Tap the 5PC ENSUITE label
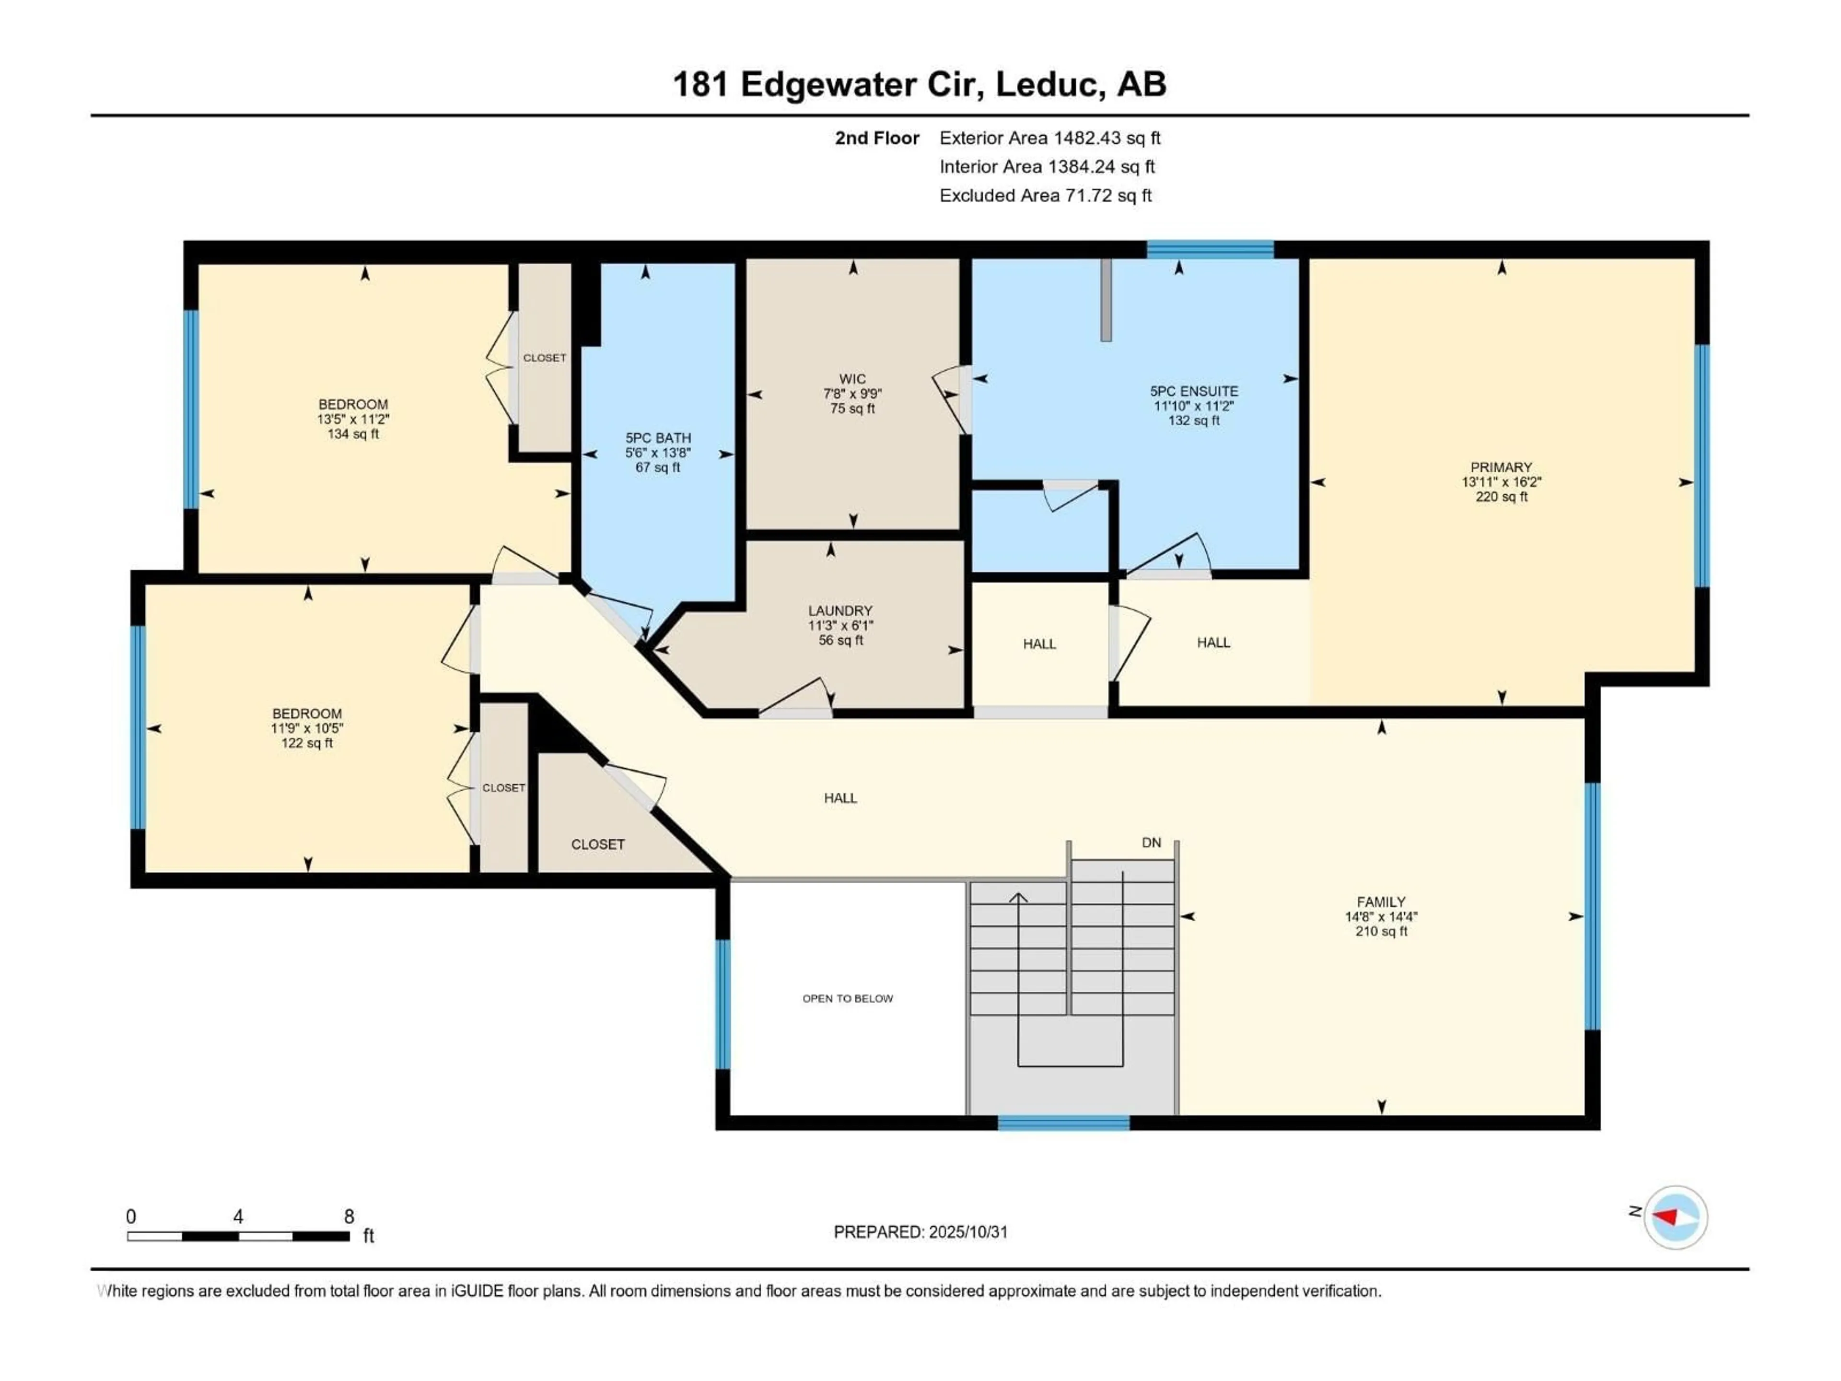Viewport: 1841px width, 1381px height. point(1193,391)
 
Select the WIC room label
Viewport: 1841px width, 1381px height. point(852,379)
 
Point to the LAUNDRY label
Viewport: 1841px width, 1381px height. point(840,610)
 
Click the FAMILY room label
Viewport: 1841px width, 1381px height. point(1381,901)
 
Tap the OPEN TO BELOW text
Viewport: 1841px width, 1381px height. point(847,998)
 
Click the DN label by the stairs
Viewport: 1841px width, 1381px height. point(1151,843)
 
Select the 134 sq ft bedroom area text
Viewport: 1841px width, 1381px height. point(353,433)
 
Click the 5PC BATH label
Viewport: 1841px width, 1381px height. point(657,438)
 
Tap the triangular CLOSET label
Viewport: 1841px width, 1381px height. point(597,844)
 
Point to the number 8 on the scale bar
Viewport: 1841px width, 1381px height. point(349,1216)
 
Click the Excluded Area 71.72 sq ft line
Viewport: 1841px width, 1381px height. point(1045,196)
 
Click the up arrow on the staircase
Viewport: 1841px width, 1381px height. point(1018,897)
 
